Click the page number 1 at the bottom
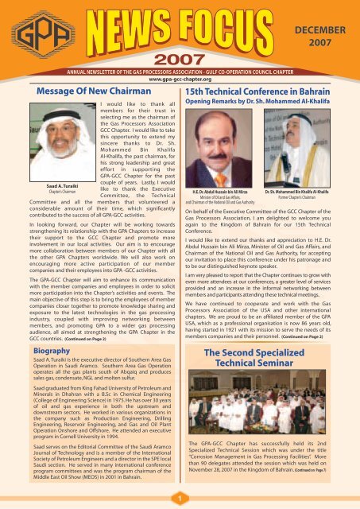180,497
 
